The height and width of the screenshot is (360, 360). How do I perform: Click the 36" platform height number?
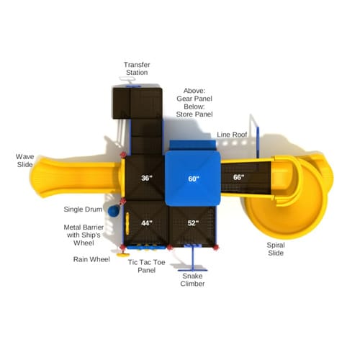point(147,178)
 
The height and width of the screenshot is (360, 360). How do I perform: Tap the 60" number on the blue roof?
point(194,179)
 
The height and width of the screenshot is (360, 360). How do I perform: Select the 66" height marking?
point(238,177)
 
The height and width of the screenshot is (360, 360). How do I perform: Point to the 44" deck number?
point(147,223)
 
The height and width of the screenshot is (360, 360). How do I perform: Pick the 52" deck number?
point(193,223)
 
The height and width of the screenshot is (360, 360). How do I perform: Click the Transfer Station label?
point(137,68)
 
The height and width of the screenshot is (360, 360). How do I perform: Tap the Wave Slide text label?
point(24,161)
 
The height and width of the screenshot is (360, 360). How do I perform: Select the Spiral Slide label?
point(276,249)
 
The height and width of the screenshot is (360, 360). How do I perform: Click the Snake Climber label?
point(192,280)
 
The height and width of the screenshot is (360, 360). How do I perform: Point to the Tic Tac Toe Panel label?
point(146,266)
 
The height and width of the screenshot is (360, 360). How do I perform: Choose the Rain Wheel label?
point(91,259)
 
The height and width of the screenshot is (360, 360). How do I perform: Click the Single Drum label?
point(83,210)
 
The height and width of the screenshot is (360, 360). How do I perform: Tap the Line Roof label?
point(232,135)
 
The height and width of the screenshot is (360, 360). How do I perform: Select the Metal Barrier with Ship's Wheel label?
point(84,235)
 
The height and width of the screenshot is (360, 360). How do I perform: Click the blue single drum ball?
point(114,211)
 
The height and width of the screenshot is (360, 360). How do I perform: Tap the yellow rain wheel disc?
point(123,254)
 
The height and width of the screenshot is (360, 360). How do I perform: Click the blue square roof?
point(193,178)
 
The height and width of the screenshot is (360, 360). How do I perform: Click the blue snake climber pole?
point(193,258)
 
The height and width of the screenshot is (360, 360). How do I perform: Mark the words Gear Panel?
point(194,99)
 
